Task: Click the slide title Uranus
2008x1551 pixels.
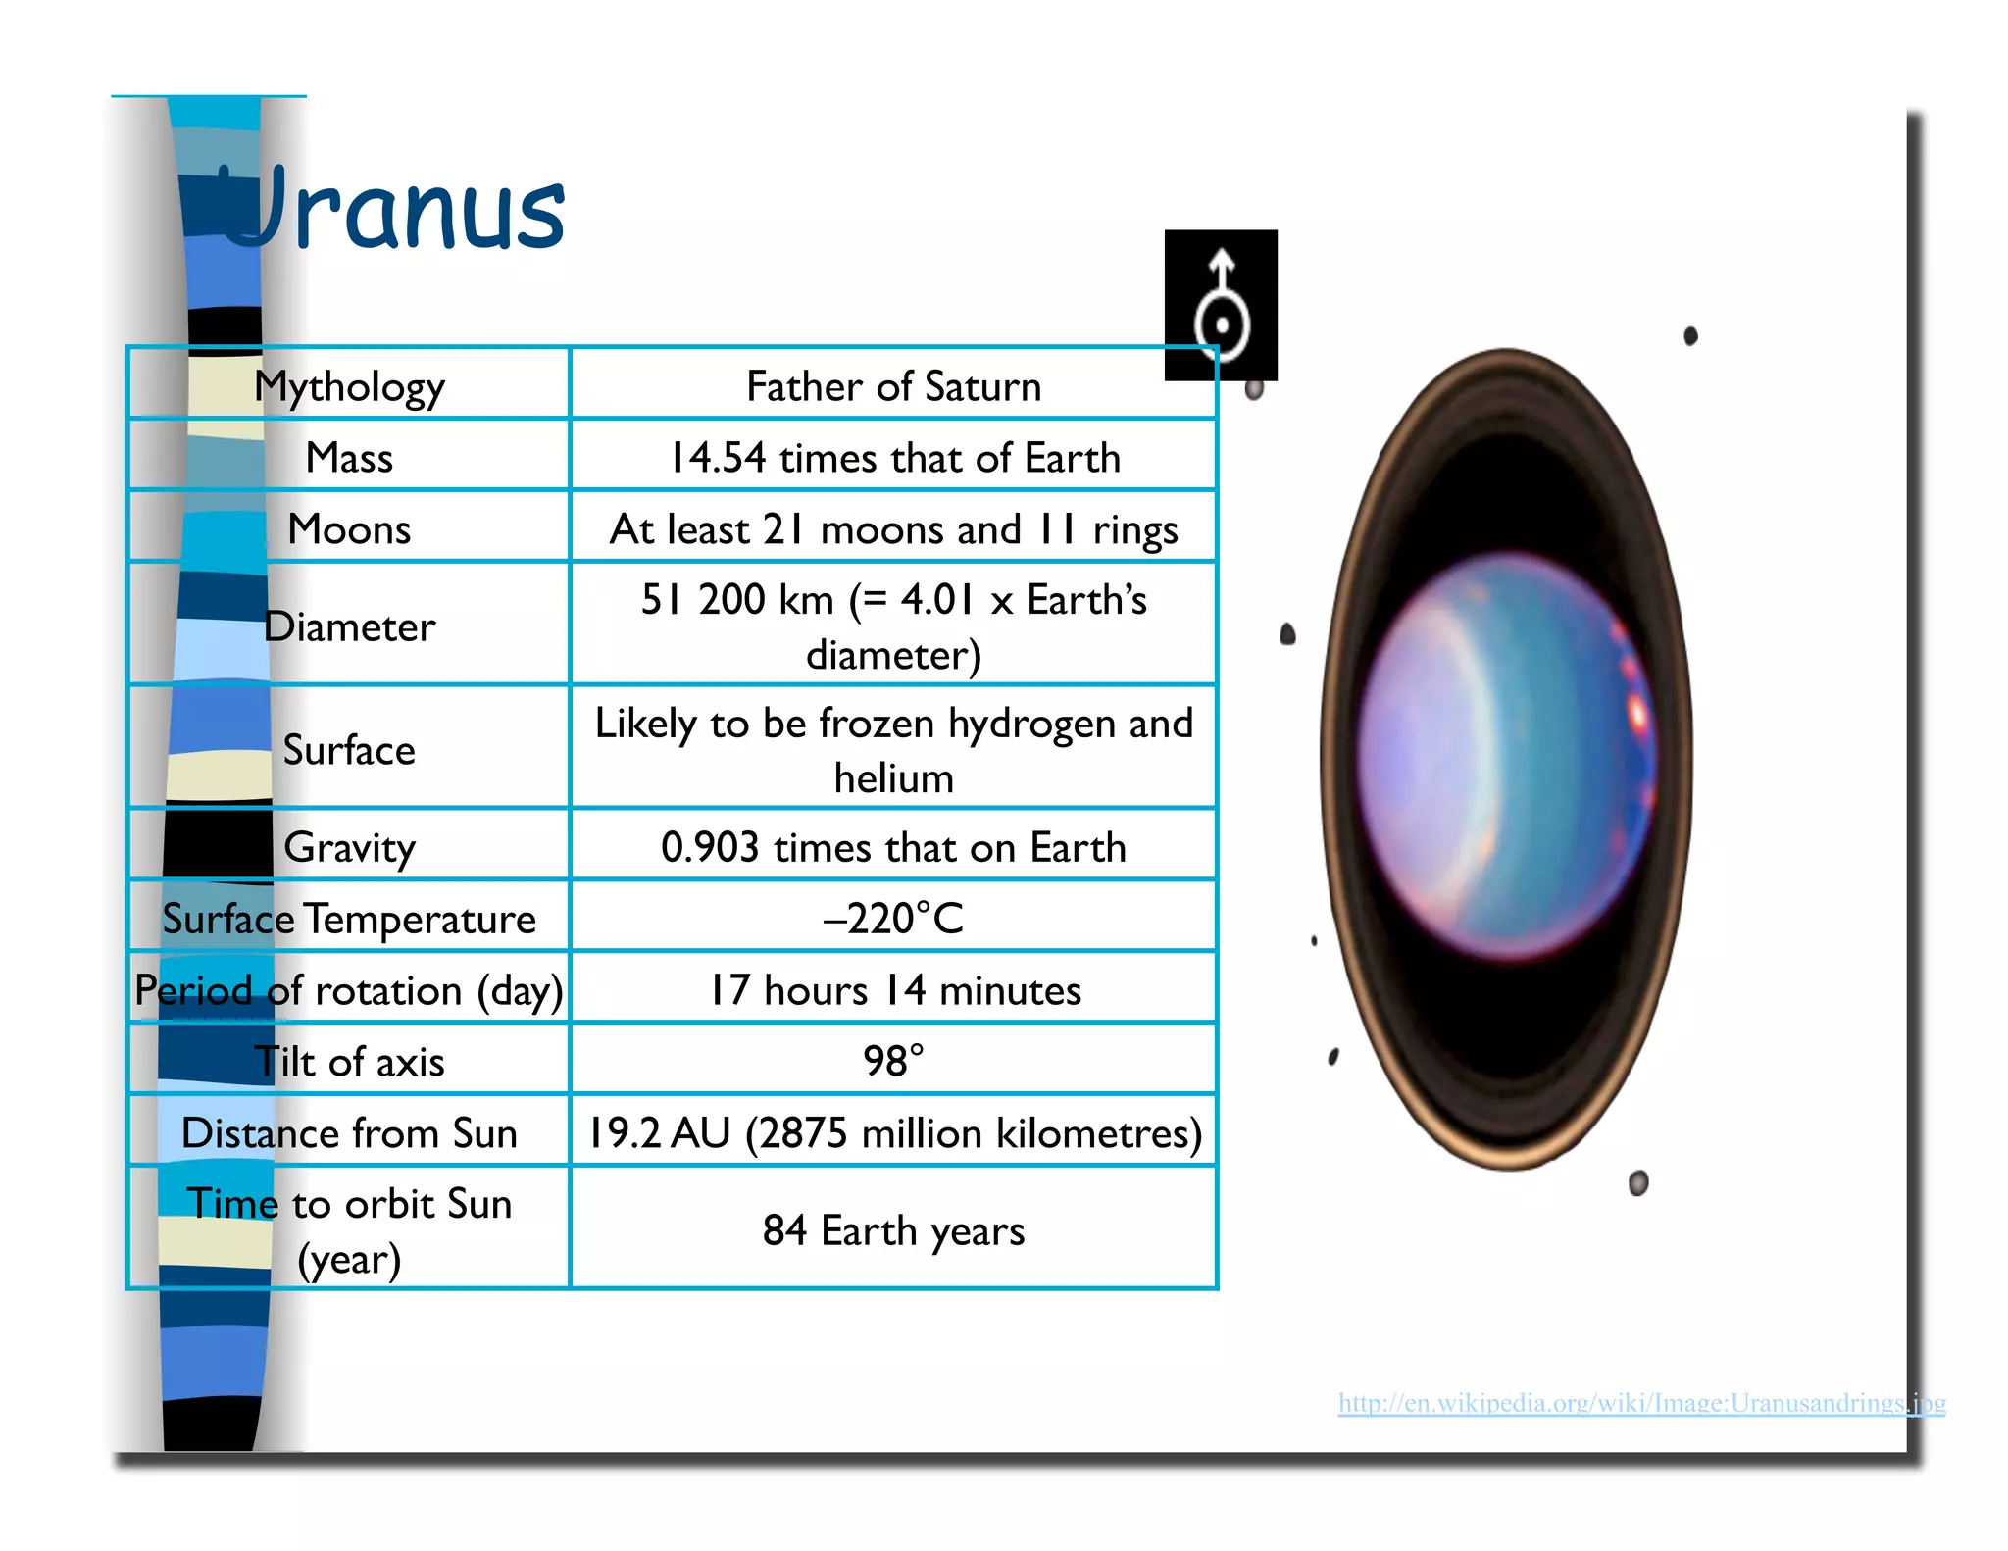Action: (x=392, y=208)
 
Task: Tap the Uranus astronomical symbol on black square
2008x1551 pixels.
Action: (x=1221, y=304)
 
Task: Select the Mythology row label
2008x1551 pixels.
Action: (x=349, y=386)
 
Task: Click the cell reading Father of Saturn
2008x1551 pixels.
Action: (x=893, y=386)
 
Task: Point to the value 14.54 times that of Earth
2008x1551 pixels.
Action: (x=893, y=458)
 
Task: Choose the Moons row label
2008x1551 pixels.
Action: (x=349, y=529)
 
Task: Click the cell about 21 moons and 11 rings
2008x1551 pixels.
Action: (x=893, y=529)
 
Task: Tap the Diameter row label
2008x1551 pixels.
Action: (x=349, y=626)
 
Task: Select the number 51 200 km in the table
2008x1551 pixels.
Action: (x=737, y=599)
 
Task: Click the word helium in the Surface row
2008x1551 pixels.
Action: (x=893, y=778)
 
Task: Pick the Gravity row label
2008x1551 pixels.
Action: (x=349, y=847)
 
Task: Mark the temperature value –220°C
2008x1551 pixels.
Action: (x=893, y=919)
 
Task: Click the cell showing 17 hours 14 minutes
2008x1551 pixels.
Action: (x=893, y=990)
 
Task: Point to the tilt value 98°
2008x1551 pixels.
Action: (x=893, y=1061)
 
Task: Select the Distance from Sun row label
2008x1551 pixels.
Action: (x=349, y=1133)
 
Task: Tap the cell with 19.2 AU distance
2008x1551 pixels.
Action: (x=893, y=1133)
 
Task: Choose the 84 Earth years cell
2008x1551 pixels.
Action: (x=893, y=1230)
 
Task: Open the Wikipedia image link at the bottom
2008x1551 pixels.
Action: (x=1641, y=1403)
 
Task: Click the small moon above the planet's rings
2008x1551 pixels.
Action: (x=1690, y=336)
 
